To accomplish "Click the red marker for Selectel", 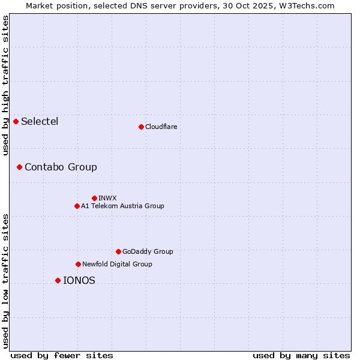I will coord(16,122).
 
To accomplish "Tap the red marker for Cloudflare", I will coord(141,127).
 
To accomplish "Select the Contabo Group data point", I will coord(19,167).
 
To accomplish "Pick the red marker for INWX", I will coord(94,198).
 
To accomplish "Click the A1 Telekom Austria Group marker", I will coord(77,206).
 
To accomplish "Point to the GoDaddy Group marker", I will coord(118,251).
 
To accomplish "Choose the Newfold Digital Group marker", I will coord(78,264).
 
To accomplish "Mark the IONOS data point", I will coord(58,280).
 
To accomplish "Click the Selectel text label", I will coord(40,122).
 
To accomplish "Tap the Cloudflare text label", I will coord(161,127).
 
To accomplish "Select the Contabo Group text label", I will coord(61,167).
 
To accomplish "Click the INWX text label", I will coord(107,198).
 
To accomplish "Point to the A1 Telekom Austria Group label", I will coord(122,206).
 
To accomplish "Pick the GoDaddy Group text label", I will coord(148,251).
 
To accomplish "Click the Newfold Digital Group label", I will coord(117,264).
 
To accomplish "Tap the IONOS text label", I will coord(79,280).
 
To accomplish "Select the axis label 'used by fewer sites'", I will coord(62,355).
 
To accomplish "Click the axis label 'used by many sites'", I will coord(301,355).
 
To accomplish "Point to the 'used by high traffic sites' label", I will coord(5,85).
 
